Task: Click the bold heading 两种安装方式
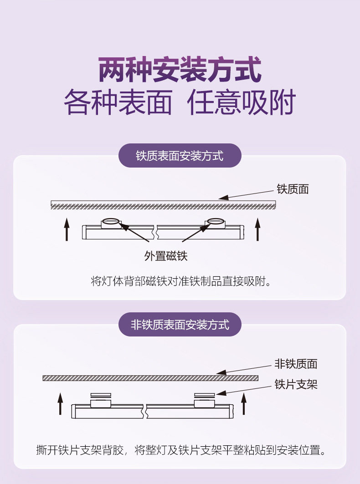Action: pyautogui.click(x=180, y=70)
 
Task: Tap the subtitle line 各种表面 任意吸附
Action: pyautogui.click(x=180, y=103)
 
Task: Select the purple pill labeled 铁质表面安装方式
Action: pyautogui.click(x=180, y=156)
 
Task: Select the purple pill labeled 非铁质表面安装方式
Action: pyautogui.click(x=180, y=325)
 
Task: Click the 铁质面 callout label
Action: pyautogui.click(x=293, y=189)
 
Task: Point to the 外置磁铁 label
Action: pyautogui.click(x=166, y=256)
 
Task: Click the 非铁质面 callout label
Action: pyautogui.click(x=295, y=364)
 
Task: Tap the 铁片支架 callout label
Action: pyautogui.click(x=295, y=385)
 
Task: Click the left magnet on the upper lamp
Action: pyautogui.click(x=110, y=223)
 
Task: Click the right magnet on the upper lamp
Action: pyautogui.click(x=215, y=223)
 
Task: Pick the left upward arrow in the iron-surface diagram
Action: pyautogui.click(x=67, y=229)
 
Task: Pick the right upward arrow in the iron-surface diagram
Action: pyautogui.click(x=257, y=229)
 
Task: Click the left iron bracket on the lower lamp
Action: pyautogui.click(x=100, y=395)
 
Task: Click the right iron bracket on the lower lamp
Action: pyautogui.click(x=204, y=395)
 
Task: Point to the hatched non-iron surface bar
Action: pyautogui.click(x=150, y=378)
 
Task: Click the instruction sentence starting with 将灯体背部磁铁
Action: pyautogui.click(x=181, y=281)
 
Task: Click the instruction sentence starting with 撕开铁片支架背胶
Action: pyautogui.click(x=181, y=451)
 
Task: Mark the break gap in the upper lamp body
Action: pyautogui.click(x=156, y=232)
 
